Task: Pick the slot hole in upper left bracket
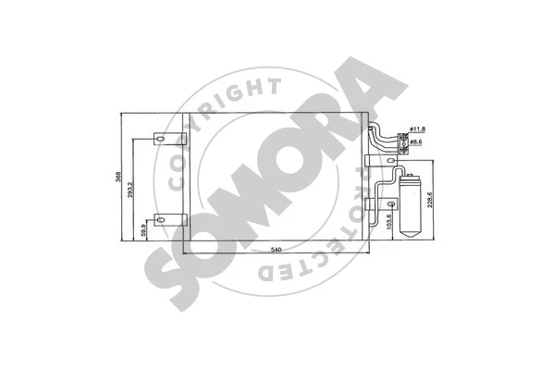pyautogui.click(x=159, y=141)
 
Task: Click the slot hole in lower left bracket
pyautogui.click(x=159, y=220)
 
